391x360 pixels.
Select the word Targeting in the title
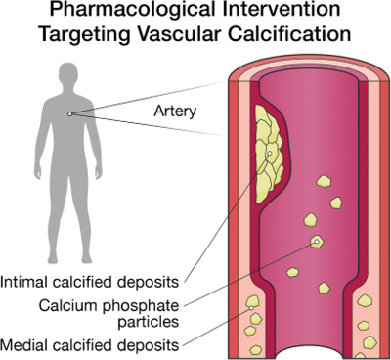85,34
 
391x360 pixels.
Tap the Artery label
175,112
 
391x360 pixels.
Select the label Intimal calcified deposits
90,282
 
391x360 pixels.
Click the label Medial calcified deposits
90,345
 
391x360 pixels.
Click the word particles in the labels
149,322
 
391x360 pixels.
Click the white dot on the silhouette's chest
69,113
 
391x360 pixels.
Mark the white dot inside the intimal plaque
270,153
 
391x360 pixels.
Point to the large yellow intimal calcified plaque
268,154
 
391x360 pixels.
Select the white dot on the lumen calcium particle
316,242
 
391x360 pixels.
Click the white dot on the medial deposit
251,308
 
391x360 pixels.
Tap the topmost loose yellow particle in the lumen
324,181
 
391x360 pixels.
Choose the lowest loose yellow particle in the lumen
324,288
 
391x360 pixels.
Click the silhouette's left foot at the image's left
53,259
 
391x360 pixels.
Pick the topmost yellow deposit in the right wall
365,300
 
